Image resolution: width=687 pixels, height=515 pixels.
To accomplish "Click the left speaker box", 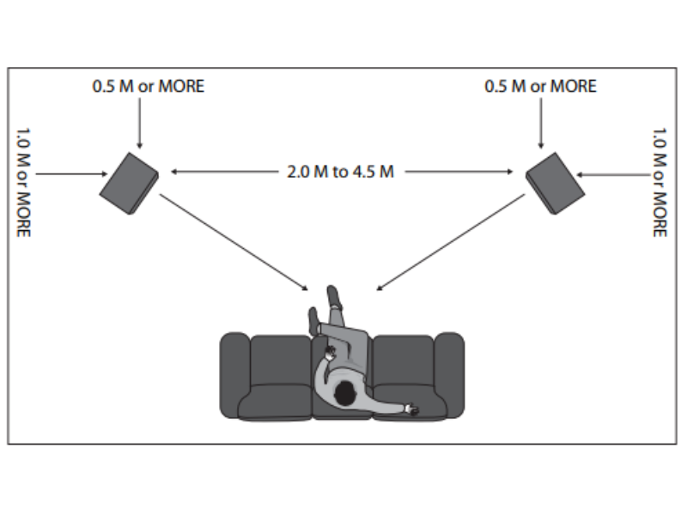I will point(129,183).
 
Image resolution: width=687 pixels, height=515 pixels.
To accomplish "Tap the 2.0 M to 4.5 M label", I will point(340,172).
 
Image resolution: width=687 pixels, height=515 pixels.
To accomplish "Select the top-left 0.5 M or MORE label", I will point(149,87).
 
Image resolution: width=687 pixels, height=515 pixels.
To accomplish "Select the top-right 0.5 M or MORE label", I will point(540,87).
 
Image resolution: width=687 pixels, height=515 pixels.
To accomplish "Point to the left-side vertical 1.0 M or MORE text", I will point(23,183).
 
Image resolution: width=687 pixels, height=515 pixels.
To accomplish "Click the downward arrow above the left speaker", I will point(139,124).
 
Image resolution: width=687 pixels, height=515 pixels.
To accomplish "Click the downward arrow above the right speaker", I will point(540,124).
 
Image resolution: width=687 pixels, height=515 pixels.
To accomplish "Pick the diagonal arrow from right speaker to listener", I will point(451,240).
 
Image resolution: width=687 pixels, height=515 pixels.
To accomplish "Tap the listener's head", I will point(344,394).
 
